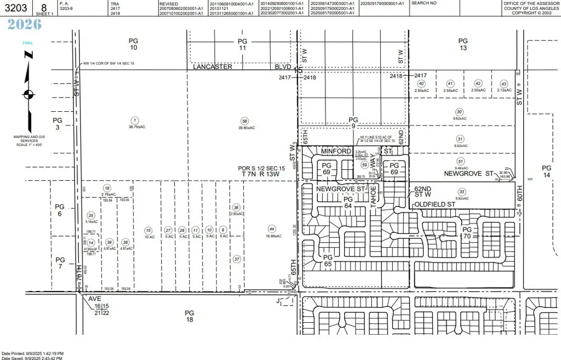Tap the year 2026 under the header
pos(25,25)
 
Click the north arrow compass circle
pos(28,94)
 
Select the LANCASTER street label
pos(213,67)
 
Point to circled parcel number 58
pos(244,121)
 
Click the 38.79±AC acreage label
pos(133,127)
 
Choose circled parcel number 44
pos(271,228)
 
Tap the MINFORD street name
pos(335,151)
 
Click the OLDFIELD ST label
pos(435,204)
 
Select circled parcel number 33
pos(462,192)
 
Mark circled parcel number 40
pos(421,83)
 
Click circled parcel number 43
pos(503,83)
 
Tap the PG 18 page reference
pos(189,316)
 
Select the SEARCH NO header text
pos(423,3)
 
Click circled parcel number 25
pos(91,215)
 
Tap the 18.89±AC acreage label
pos(271,236)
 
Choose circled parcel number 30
pos(459,112)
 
